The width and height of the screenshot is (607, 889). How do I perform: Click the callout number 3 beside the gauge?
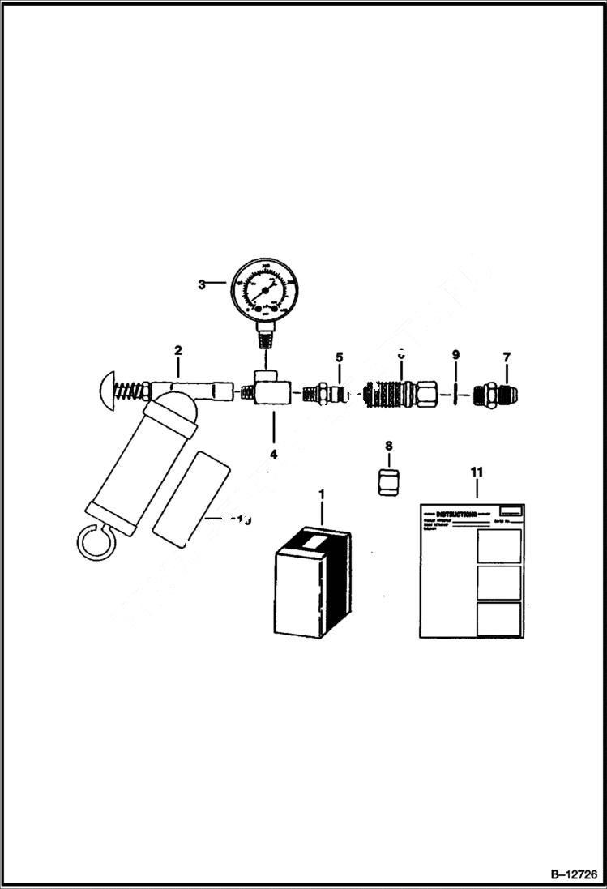pos(201,284)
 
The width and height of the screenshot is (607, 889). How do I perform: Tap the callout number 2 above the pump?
pos(177,351)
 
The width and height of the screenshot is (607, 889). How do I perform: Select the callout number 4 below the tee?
pos(273,454)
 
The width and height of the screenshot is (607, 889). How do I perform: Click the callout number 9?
pos(455,355)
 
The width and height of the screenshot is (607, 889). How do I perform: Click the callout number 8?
pos(388,446)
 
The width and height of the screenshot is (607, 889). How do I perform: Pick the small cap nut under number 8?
pos(388,481)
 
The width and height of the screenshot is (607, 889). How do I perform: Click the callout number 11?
pos(477,471)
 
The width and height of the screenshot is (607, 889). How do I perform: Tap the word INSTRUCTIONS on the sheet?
pos(455,514)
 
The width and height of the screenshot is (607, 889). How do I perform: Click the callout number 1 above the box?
pos(322,494)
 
